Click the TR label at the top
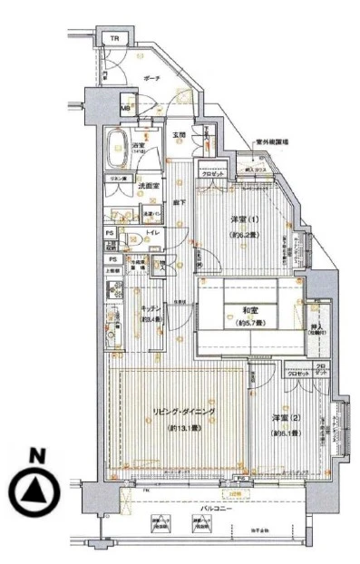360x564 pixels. tap(114, 39)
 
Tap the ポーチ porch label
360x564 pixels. tap(151, 80)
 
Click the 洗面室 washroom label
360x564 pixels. tap(148, 187)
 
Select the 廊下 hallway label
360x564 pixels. tap(180, 202)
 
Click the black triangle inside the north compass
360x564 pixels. tap(34, 491)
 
